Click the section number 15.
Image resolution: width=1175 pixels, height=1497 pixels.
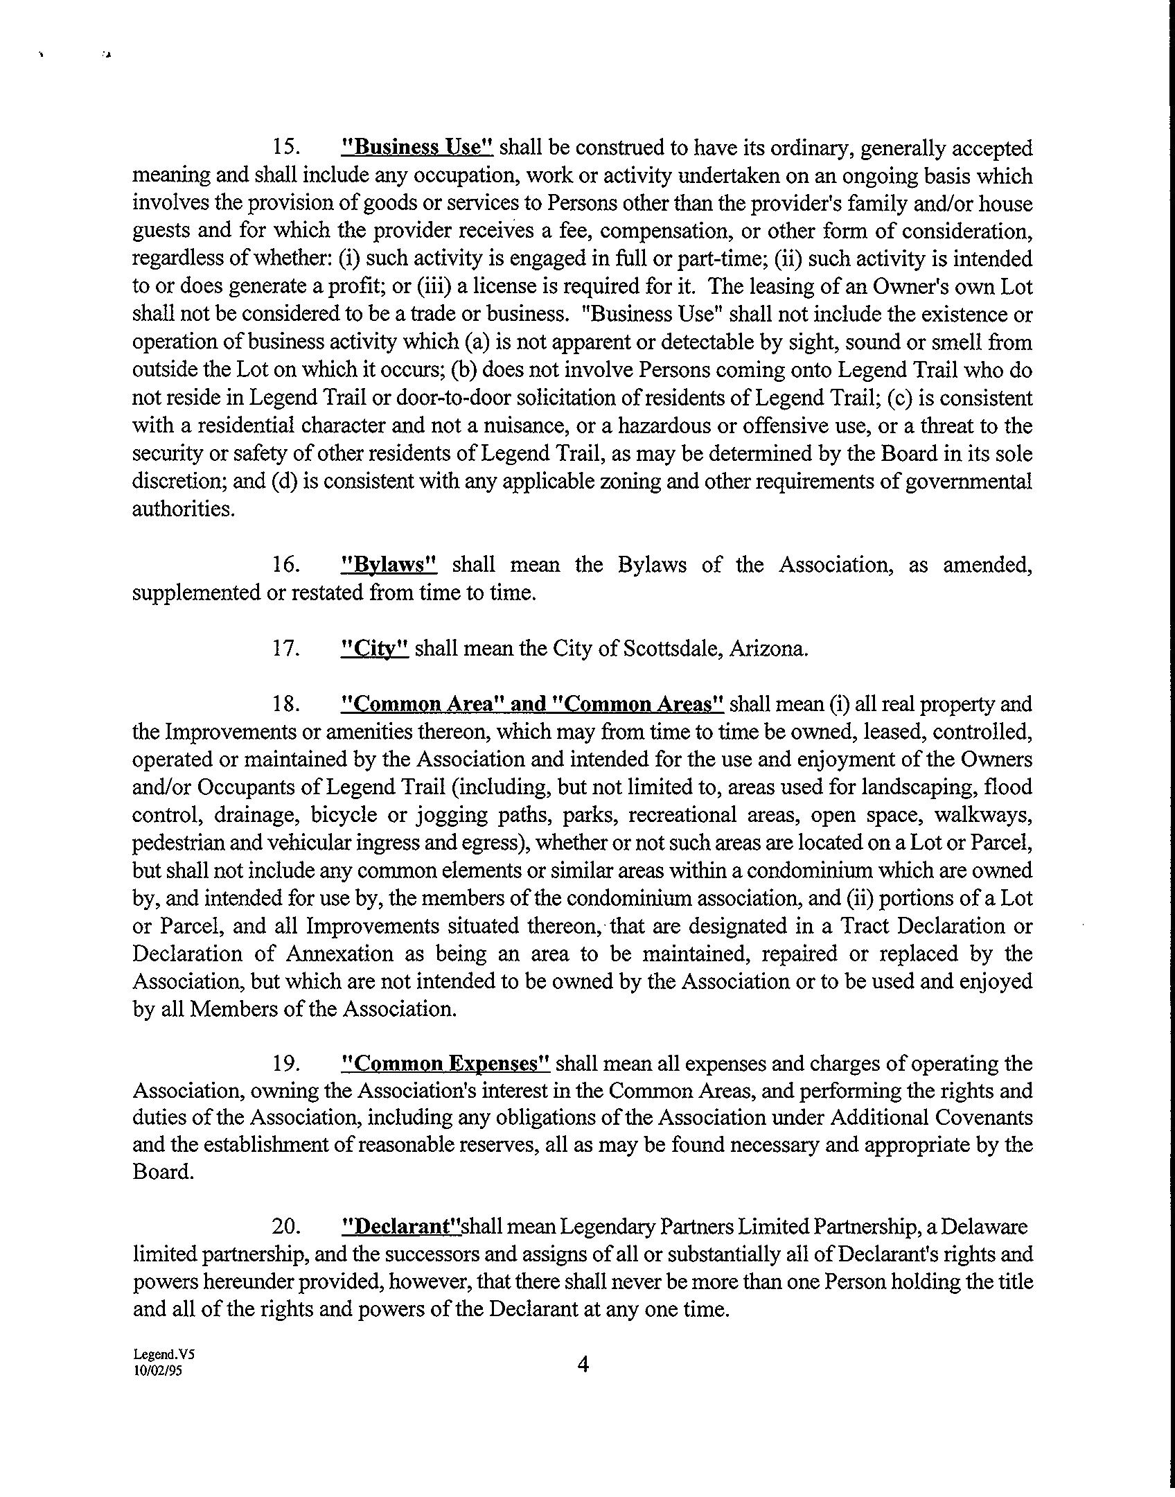pos(285,148)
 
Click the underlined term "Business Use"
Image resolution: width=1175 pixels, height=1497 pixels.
pos(418,148)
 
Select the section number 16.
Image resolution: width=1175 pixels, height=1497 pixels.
pos(285,565)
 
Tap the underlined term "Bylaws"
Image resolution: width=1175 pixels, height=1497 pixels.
pos(390,565)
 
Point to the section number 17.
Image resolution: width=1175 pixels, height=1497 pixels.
pos(285,649)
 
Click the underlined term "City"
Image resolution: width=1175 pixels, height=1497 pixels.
pos(375,649)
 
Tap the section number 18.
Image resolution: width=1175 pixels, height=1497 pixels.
pos(285,704)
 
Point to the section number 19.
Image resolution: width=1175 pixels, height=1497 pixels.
pos(285,1063)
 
